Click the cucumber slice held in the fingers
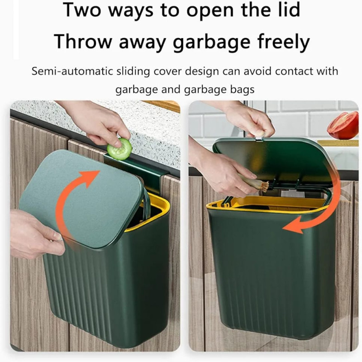pyautogui.click(x=119, y=149)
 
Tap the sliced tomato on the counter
pyautogui.click(x=343, y=126)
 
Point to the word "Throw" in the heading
pyautogui.click(x=83, y=41)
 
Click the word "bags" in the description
pyautogui.click(x=242, y=90)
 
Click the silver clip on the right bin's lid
pyautogui.click(x=259, y=138)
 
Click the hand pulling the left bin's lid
pyautogui.click(x=35, y=234)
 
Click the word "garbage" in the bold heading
pyautogui.click(x=212, y=42)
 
